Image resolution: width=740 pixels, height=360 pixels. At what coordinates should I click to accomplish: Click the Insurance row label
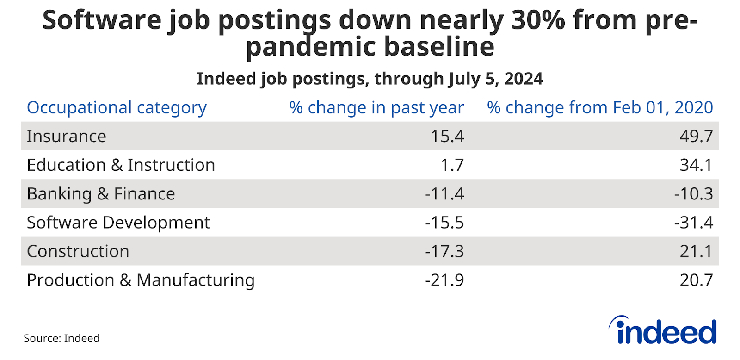(x=67, y=137)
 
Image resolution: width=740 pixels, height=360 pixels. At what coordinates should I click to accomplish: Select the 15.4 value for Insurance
(x=447, y=137)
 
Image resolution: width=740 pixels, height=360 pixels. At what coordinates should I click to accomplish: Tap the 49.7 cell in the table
(x=696, y=137)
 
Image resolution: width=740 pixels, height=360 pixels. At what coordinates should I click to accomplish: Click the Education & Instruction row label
(x=121, y=165)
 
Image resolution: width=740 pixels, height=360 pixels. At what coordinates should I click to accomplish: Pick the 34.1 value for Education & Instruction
(x=696, y=165)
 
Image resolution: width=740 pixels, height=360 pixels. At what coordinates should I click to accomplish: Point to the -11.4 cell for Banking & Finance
(x=444, y=194)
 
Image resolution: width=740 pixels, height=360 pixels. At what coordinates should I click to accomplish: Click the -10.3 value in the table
(x=693, y=194)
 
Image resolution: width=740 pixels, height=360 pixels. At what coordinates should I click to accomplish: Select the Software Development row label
(x=118, y=223)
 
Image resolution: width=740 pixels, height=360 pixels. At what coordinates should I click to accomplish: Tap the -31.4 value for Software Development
(x=693, y=223)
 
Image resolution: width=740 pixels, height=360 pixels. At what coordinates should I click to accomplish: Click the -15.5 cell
(x=444, y=223)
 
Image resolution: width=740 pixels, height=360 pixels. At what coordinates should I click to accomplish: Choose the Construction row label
(x=78, y=251)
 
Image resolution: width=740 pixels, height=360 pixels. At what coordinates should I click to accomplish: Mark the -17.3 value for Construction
(x=444, y=251)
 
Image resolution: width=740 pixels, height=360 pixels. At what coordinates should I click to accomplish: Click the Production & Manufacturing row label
(x=141, y=280)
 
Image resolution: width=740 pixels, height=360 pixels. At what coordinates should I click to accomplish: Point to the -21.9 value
(x=444, y=280)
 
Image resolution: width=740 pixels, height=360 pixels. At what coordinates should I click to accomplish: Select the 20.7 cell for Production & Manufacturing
(x=696, y=280)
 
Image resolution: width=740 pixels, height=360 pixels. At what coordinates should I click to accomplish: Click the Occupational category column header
(x=117, y=108)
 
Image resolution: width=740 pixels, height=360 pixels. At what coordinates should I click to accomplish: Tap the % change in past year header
(x=376, y=108)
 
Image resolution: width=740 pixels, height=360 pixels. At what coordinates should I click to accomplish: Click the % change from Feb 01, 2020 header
(x=600, y=108)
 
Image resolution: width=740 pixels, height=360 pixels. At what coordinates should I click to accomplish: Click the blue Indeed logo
(x=663, y=331)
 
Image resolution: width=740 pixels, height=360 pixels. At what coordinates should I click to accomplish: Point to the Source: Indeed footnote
(x=62, y=338)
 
